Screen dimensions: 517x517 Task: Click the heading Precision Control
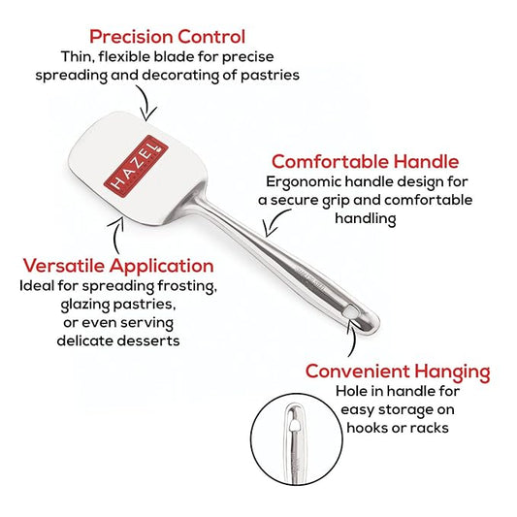click(x=167, y=37)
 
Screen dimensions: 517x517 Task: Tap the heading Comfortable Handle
click(x=365, y=162)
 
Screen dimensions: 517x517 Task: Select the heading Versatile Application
click(x=118, y=266)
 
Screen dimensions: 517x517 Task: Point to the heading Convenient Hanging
click(x=398, y=372)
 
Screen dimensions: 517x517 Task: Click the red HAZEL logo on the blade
click(x=136, y=166)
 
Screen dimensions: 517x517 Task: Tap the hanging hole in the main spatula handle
click(x=351, y=311)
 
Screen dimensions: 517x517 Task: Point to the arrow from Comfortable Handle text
click(x=276, y=221)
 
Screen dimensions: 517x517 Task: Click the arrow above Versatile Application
click(x=115, y=236)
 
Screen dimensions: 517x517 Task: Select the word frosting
click(x=187, y=286)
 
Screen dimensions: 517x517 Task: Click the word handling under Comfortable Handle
click(x=366, y=218)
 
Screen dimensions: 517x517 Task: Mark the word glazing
click(x=85, y=305)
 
